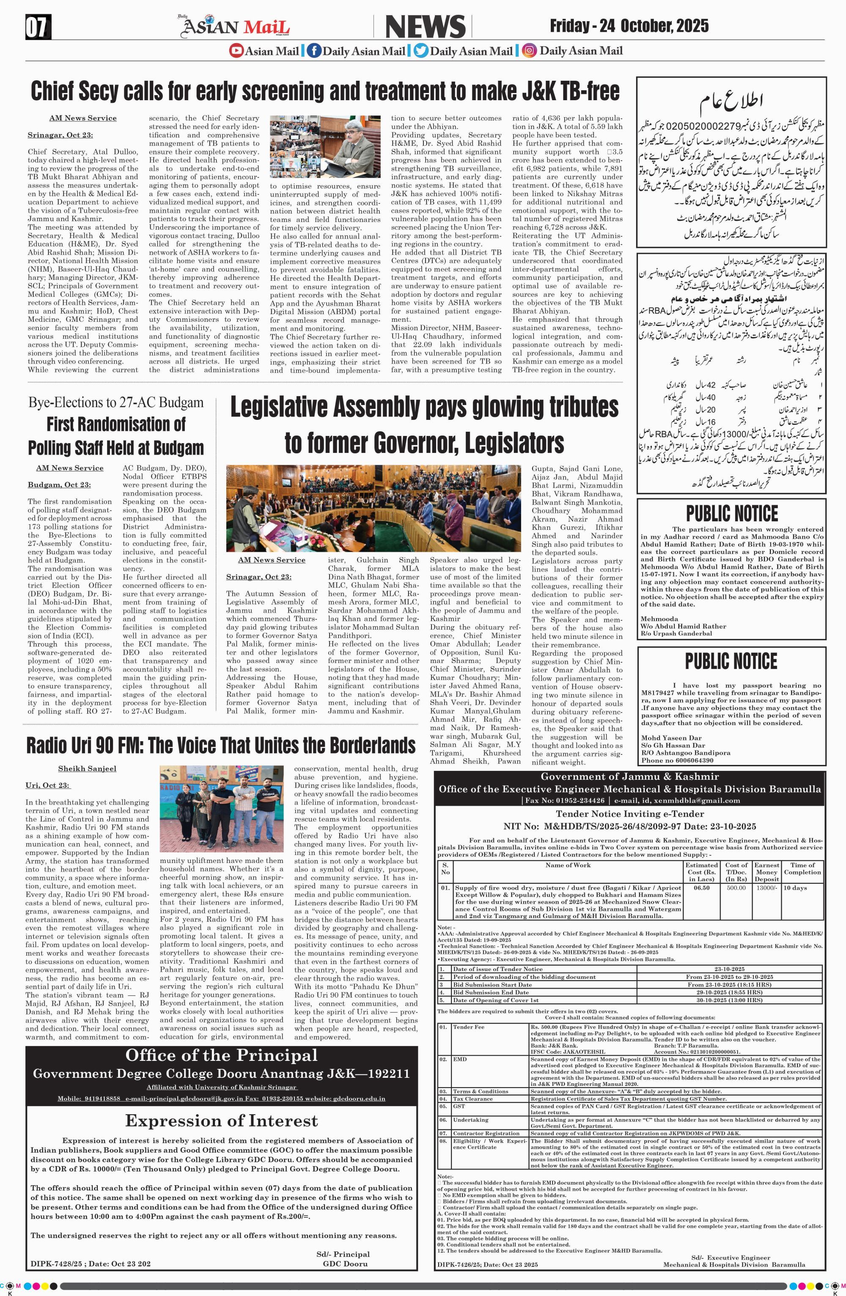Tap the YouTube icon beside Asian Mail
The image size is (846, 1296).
[x=236, y=51]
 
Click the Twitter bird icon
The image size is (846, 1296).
[x=420, y=51]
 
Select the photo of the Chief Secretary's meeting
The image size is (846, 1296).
[x=325, y=147]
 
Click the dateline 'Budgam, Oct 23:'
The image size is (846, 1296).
[x=59, y=485]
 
